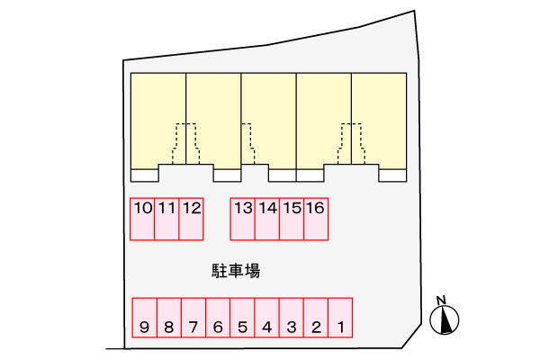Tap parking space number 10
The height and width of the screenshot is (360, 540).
142,219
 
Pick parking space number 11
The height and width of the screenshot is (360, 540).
166,219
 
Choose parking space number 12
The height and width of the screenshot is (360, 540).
191,219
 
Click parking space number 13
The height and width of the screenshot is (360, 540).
243,219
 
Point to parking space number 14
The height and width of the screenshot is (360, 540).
267,219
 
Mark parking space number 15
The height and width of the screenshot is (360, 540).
292,219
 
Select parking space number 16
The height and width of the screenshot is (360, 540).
315,219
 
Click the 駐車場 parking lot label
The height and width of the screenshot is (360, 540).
236,270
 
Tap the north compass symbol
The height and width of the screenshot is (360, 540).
445,320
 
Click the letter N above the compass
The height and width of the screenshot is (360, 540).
441,301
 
